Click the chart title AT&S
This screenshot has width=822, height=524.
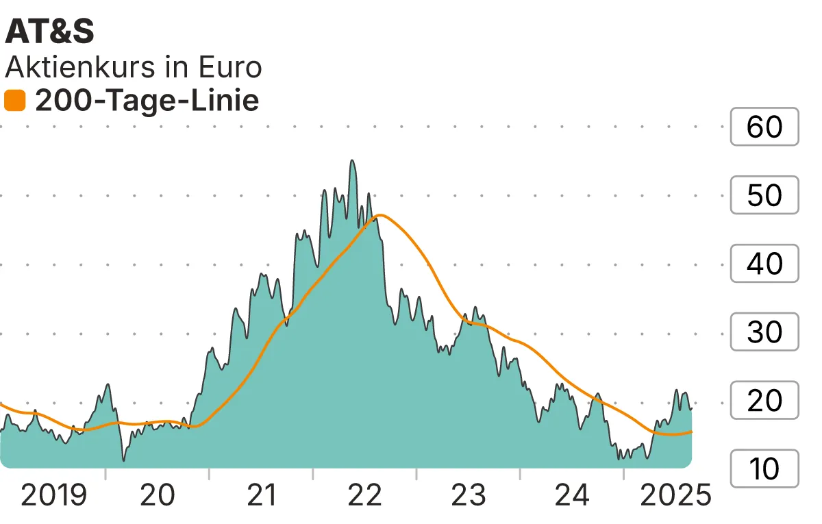pos(49,32)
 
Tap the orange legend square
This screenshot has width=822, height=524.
pos(14,101)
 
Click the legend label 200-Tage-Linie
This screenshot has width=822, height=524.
pos(147,101)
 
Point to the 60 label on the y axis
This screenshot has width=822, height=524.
pos(764,127)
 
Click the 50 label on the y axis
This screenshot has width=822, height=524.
pos(764,195)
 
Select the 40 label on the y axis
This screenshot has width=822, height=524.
pos(764,264)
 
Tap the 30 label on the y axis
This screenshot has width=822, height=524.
pos(764,332)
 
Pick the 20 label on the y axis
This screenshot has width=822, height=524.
pos(764,401)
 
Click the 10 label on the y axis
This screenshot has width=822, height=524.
pos(764,469)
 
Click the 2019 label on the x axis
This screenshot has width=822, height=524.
pos(54,495)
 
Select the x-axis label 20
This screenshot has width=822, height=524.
pos(158,495)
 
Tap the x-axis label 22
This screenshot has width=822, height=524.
pos(364,495)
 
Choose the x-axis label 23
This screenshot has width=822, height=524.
pos(469,495)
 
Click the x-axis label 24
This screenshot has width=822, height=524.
pos(572,495)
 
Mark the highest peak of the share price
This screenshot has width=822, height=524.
pos(352,161)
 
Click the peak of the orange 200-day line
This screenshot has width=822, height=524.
pos(379,216)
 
